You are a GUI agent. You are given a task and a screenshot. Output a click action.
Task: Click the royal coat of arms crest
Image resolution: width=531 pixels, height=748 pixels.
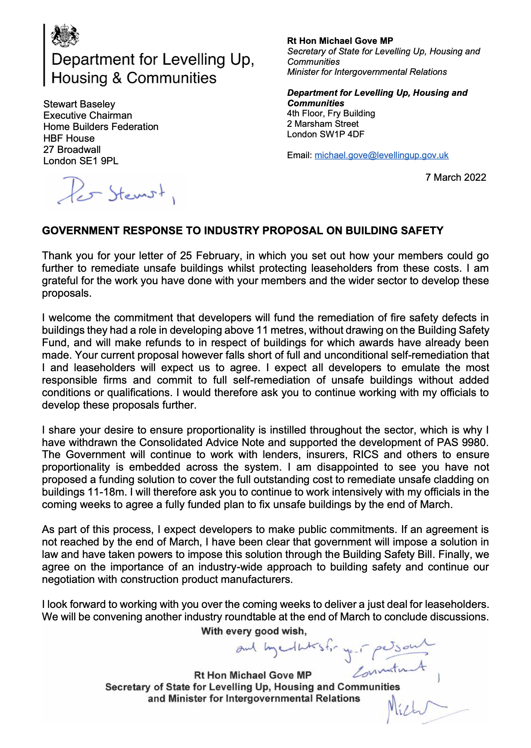click(64, 35)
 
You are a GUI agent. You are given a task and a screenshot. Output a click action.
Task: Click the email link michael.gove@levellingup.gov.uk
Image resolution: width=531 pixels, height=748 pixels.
click(381, 155)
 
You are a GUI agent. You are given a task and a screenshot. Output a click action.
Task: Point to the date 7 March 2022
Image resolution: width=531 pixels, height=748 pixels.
click(456, 178)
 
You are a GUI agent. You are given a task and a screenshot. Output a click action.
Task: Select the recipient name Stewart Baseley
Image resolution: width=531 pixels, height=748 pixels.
click(79, 104)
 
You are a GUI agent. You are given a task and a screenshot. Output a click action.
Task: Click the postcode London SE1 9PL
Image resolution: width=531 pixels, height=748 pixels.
click(81, 161)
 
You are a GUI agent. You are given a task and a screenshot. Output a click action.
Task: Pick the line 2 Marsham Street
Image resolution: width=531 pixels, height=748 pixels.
click(322, 124)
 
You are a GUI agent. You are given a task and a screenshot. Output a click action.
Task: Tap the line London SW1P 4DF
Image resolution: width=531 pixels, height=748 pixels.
click(325, 134)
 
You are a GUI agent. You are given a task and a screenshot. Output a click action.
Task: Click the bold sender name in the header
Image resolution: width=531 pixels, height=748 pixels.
click(340, 41)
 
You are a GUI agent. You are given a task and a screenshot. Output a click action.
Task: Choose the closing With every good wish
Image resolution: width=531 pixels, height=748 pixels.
click(254, 631)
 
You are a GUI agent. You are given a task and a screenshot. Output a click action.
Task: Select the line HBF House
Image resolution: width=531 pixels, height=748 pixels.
click(69, 138)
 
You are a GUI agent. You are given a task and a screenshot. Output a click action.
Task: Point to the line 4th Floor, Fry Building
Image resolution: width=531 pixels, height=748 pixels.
click(331, 114)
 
